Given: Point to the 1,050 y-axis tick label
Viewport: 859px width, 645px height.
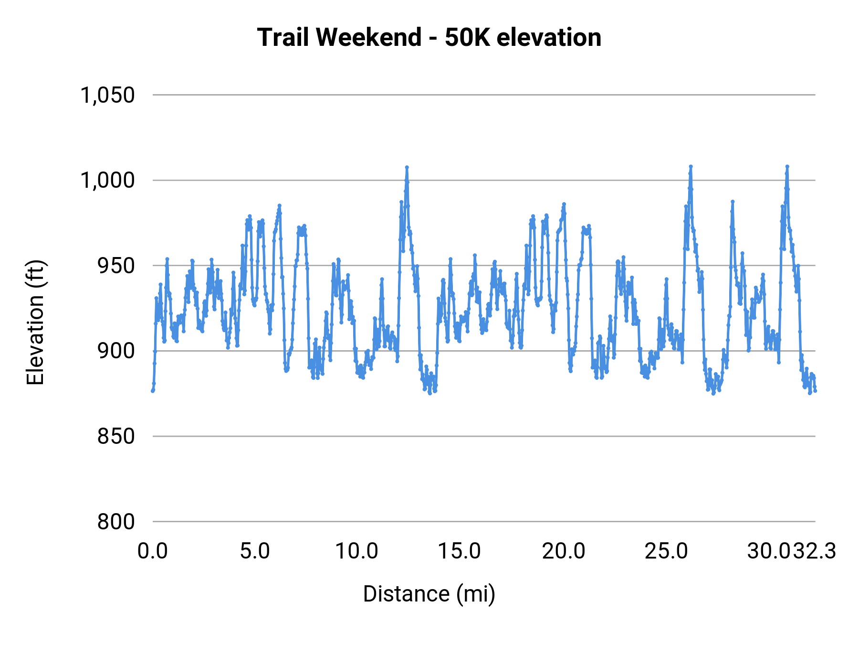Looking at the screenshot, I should coord(107,95).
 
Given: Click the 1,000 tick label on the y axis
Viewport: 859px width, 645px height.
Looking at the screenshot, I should coord(107,181).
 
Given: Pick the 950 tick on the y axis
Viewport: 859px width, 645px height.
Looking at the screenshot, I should coord(116,266).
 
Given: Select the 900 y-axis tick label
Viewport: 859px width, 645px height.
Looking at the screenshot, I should coord(116,351).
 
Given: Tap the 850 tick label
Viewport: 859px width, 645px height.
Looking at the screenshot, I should coord(116,436).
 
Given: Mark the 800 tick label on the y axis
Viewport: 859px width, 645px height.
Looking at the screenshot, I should coord(116,522).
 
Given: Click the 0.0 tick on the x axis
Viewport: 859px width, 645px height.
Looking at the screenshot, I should coord(153,551).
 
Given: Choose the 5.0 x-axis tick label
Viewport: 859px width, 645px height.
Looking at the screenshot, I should coord(255,551).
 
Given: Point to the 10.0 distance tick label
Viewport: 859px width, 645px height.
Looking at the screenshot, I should coord(357,551).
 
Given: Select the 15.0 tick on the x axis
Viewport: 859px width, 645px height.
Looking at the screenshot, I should coord(460,551).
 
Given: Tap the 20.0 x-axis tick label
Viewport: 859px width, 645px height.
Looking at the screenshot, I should coord(563,551).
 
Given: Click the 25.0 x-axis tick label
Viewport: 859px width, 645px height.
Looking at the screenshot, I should coord(666,551).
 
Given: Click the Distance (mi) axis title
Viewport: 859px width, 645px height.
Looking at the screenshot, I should coord(429,594).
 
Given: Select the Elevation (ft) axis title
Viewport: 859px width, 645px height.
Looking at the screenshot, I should coord(35,322).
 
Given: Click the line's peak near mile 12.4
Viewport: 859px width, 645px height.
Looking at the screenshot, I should coord(407,167).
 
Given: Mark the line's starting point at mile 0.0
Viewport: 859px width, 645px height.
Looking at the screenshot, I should coord(153,391).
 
